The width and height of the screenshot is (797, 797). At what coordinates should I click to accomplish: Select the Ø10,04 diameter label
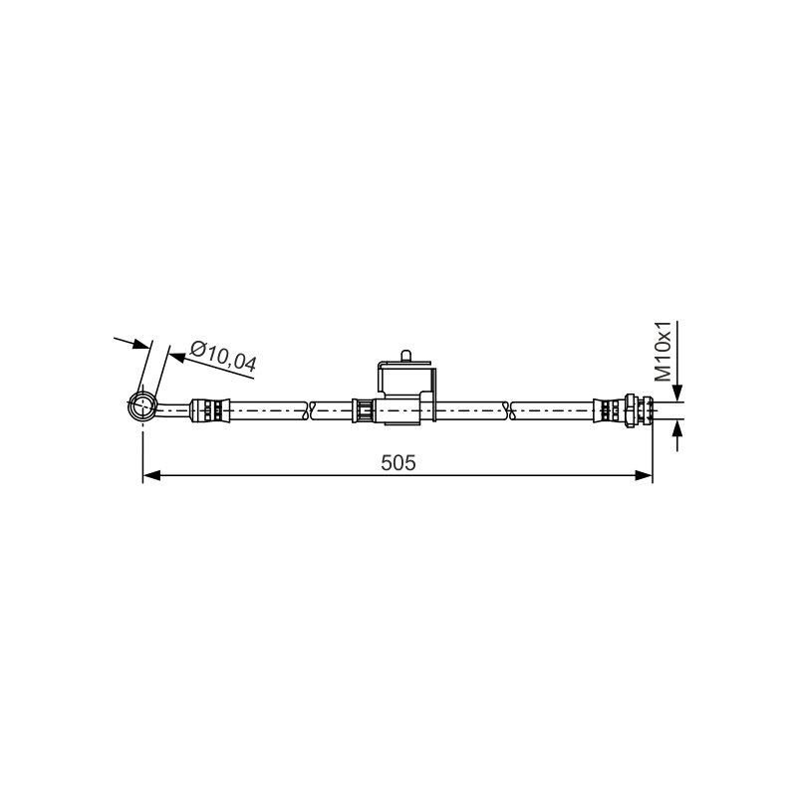(223, 357)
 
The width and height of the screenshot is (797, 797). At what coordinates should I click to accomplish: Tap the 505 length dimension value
(398, 462)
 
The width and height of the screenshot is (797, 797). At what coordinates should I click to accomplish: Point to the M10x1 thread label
(663, 352)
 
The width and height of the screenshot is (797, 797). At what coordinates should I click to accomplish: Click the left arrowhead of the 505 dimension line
(151, 476)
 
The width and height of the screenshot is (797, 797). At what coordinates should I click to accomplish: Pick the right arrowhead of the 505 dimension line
(644, 476)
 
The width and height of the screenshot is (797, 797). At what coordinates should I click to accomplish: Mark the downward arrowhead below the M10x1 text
(677, 394)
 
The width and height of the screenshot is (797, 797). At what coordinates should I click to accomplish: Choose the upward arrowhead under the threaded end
(677, 428)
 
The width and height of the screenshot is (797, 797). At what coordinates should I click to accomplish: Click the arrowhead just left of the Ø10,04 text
(176, 357)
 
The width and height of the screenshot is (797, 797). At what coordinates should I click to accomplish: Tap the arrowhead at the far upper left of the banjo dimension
(141, 344)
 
